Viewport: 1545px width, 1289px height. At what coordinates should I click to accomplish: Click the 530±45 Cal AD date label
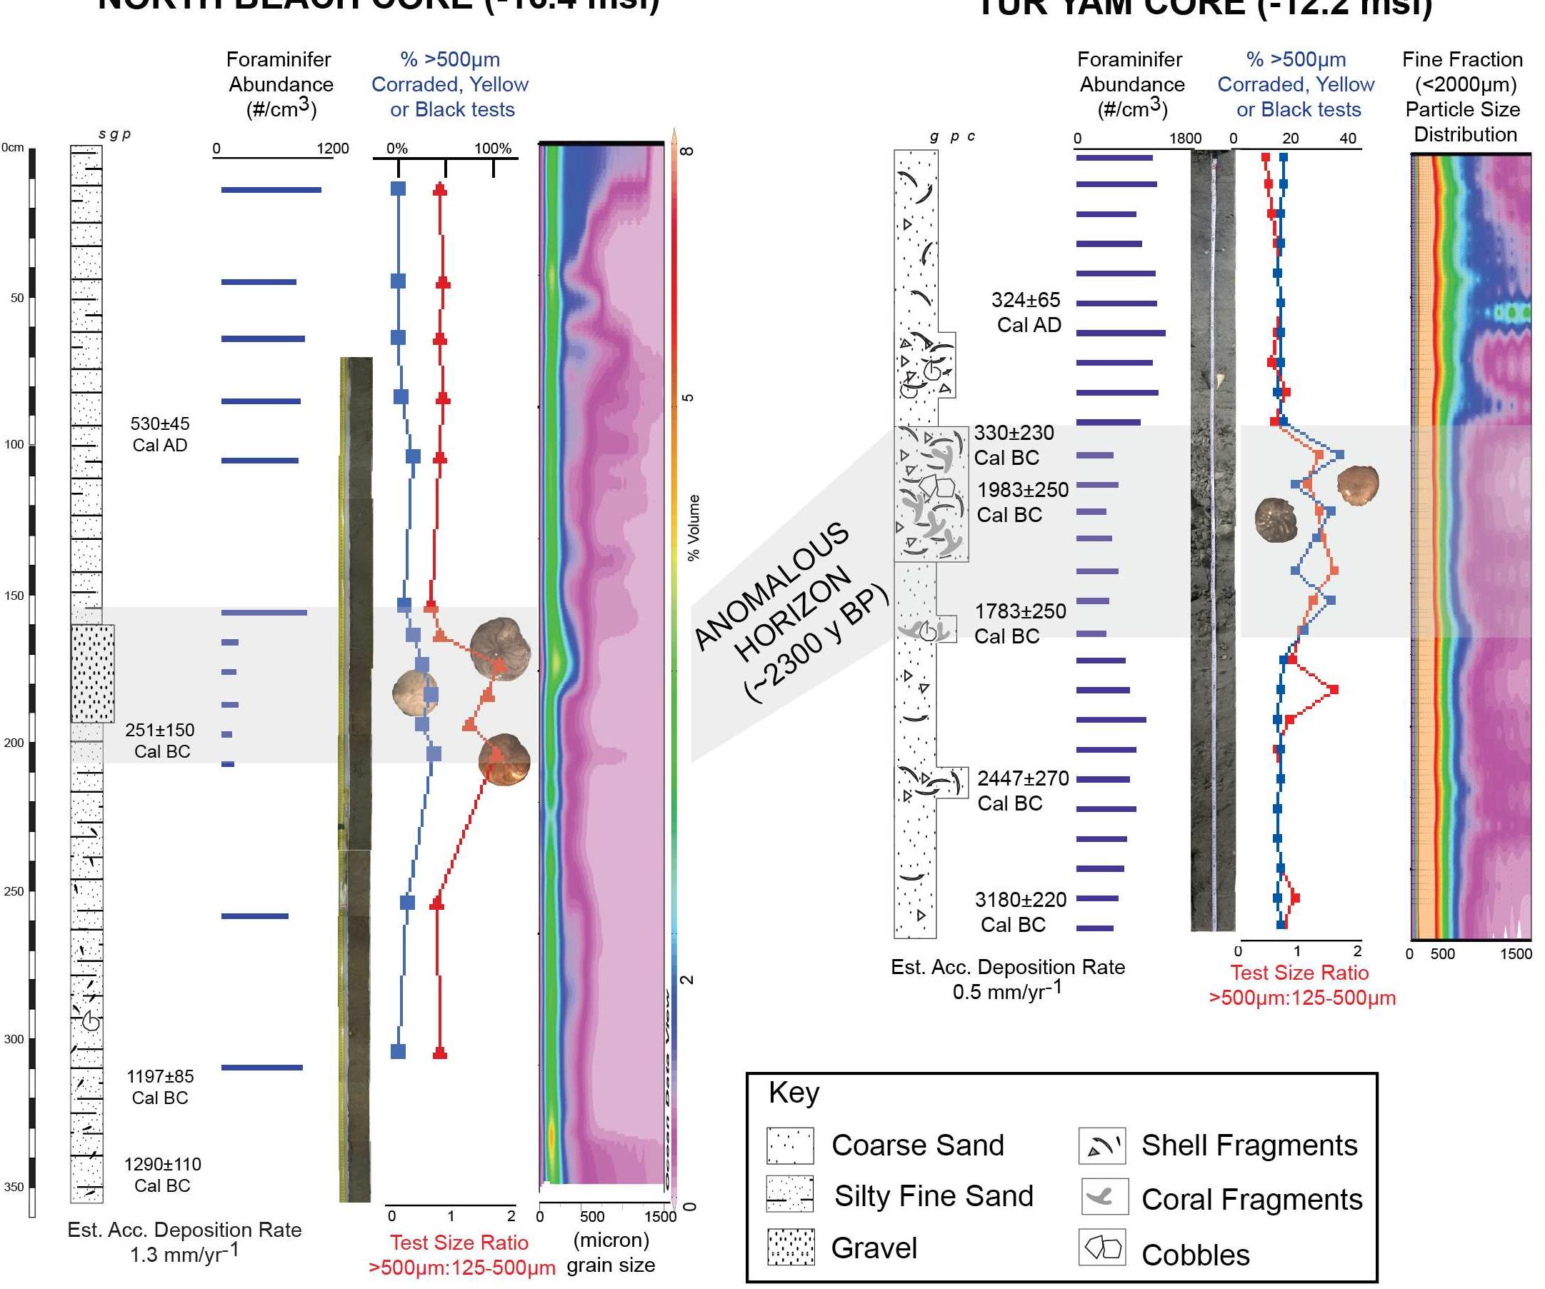click(x=160, y=434)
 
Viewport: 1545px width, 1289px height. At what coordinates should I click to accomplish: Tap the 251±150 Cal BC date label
click(x=161, y=740)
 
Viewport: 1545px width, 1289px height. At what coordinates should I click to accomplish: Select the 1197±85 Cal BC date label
click(x=161, y=1087)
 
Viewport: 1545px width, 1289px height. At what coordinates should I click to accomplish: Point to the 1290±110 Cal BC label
click(x=162, y=1175)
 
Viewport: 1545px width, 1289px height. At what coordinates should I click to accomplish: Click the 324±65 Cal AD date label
click(x=1026, y=312)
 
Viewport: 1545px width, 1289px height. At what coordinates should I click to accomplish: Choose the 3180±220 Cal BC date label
click(x=1020, y=911)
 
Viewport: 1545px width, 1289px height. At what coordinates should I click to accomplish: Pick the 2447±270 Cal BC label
click(x=1021, y=790)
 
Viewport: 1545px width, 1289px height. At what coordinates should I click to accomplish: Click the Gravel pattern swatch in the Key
click(x=790, y=1247)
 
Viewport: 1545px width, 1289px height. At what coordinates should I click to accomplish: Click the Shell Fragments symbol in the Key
click(x=1102, y=1145)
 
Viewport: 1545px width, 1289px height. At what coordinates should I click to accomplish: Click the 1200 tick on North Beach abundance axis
click(x=333, y=149)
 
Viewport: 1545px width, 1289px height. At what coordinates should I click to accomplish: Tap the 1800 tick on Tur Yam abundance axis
click(x=1185, y=139)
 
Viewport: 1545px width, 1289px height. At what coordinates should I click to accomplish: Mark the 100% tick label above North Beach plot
click(x=492, y=149)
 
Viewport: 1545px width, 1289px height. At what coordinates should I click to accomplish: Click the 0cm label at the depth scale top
click(x=13, y=147)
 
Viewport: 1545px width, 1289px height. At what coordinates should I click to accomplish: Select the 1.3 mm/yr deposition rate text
click(x=184, y=1255)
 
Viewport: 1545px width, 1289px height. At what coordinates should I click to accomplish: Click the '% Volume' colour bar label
click(x=693, y=528)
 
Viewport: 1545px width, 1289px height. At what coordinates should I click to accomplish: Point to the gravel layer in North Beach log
click(x=93, y=673)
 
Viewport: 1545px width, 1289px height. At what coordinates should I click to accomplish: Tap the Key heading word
click(x=793, y=1093)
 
